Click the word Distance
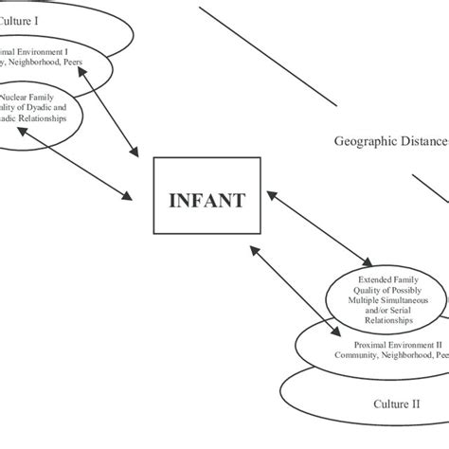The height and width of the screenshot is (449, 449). pyautogui.click(x=423, y=142)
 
